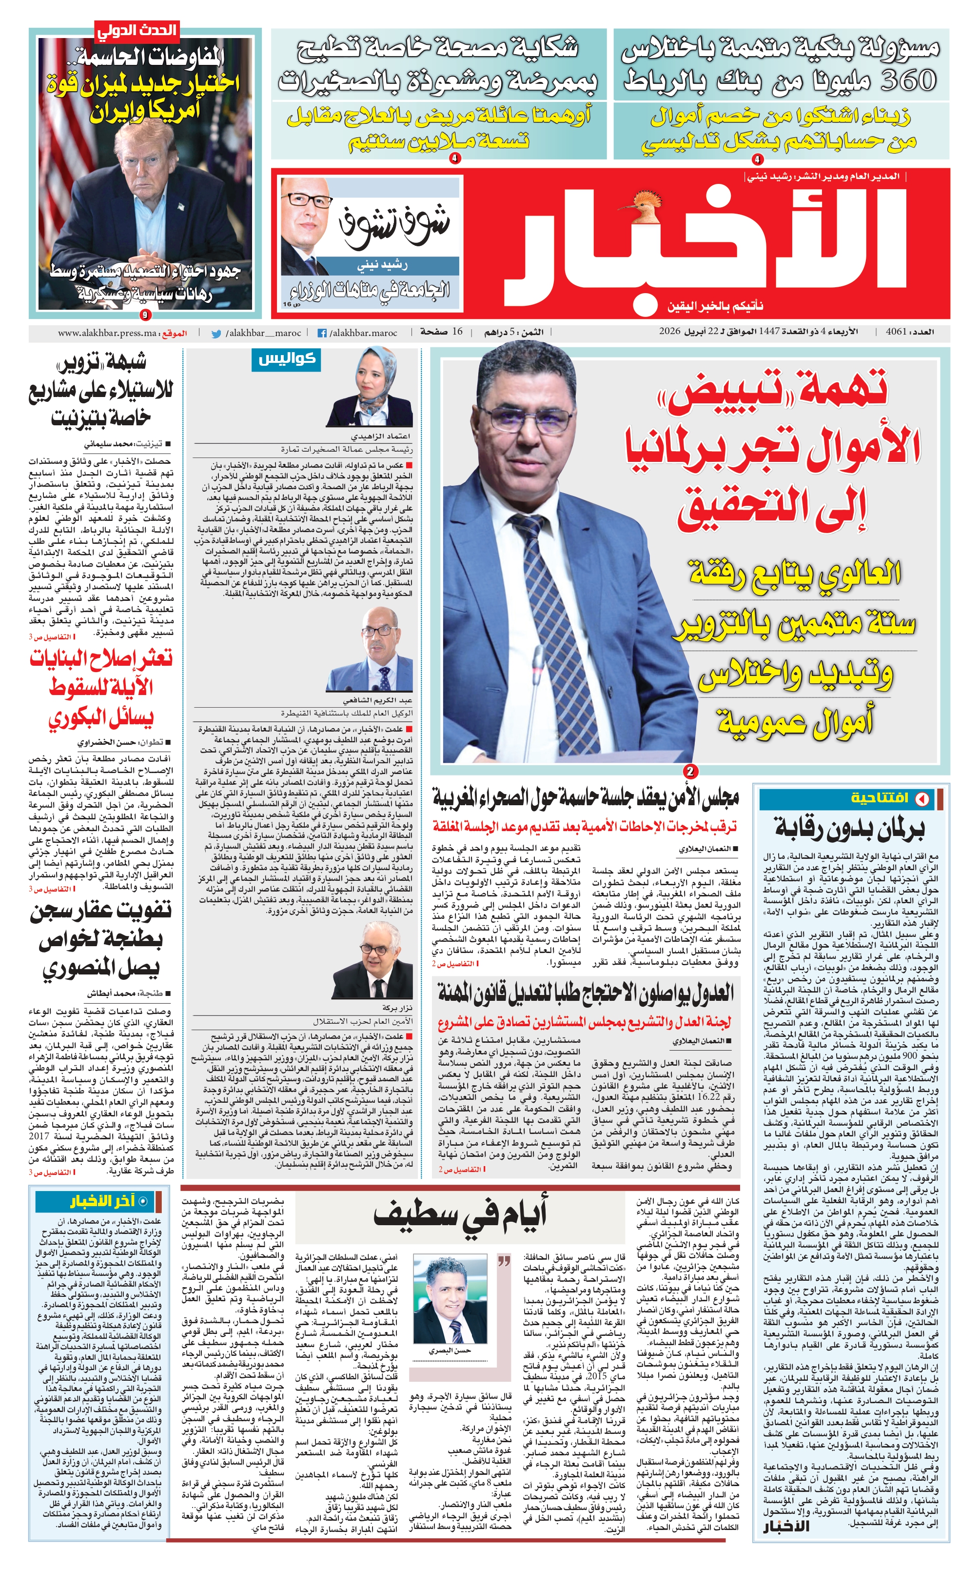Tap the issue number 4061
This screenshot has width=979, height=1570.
click(895, 332)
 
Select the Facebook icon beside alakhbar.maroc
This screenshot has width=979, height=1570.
click(321, 334)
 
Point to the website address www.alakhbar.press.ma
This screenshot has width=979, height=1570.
click(107, 334)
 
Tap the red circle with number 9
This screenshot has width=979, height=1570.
click(144, 316)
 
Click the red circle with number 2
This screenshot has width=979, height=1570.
click(690, 772)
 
